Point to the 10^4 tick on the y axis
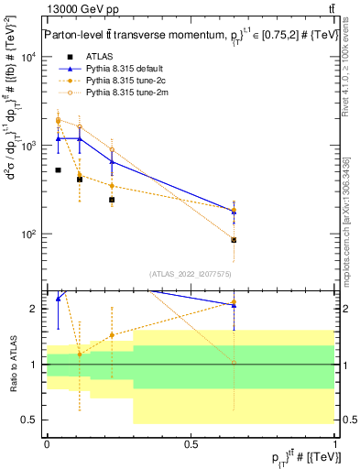[x=30, y=57]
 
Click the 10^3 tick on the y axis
[x=30, y=146]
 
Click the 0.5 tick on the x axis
[x=191, y=443]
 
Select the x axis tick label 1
[x=335, y=443]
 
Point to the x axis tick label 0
[x=47, y=443]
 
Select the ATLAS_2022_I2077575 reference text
[x=191, y=273]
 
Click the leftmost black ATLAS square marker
[x=58, y=170]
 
